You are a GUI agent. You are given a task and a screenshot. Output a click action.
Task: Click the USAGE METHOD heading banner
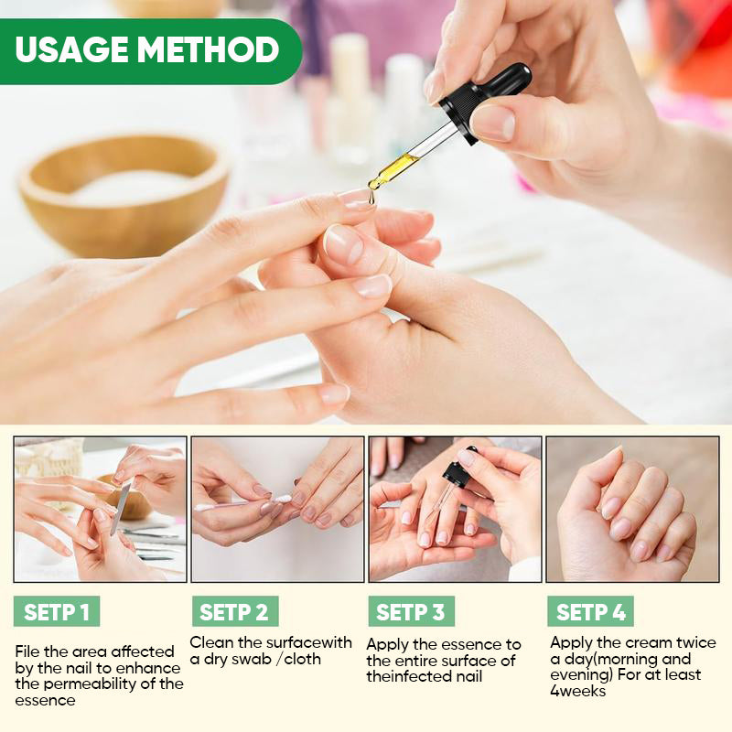tap(146, 49)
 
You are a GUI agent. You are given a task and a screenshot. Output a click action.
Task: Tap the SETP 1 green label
tap(57, 612)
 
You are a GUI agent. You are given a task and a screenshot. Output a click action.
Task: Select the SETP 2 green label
tap(234, 612)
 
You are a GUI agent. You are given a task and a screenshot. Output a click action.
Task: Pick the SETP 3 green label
tap(411, 612)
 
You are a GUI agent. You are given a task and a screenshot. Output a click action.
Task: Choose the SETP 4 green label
tap(590, 612)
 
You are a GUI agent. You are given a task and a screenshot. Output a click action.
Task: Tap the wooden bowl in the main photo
tap(124, 192)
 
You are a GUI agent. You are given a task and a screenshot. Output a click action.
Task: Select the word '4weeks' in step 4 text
tap(577, 691)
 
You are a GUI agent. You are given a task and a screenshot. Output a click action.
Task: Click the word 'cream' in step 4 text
tap(642, 642)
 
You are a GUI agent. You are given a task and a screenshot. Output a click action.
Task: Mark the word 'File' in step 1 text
tap(28, 651)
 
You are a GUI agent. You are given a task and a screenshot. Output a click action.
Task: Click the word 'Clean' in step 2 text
tap(210, 642)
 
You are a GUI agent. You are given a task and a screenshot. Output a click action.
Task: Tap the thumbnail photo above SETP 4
tap(632, 509)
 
